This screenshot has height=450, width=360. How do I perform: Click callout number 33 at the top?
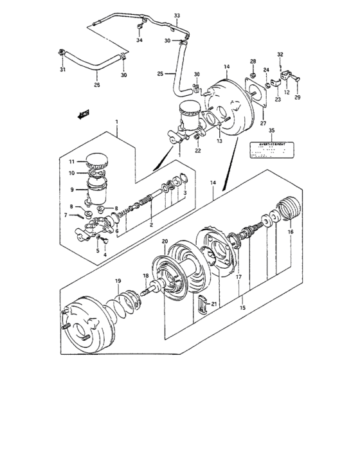[x=177, y=15]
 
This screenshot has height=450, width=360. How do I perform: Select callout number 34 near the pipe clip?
[x=139, y=40]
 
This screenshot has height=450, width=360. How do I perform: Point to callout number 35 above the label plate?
[x=271, y=130]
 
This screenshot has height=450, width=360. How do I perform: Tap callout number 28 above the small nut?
[x=253, y=61]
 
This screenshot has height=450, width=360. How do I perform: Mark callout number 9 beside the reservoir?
[x=73, y=190]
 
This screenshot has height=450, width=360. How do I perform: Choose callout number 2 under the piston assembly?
[x=150, y=225]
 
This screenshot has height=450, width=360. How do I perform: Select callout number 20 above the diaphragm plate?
[x=165, y=242]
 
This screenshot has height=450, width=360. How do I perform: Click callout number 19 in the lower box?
[x=118, y=281]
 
